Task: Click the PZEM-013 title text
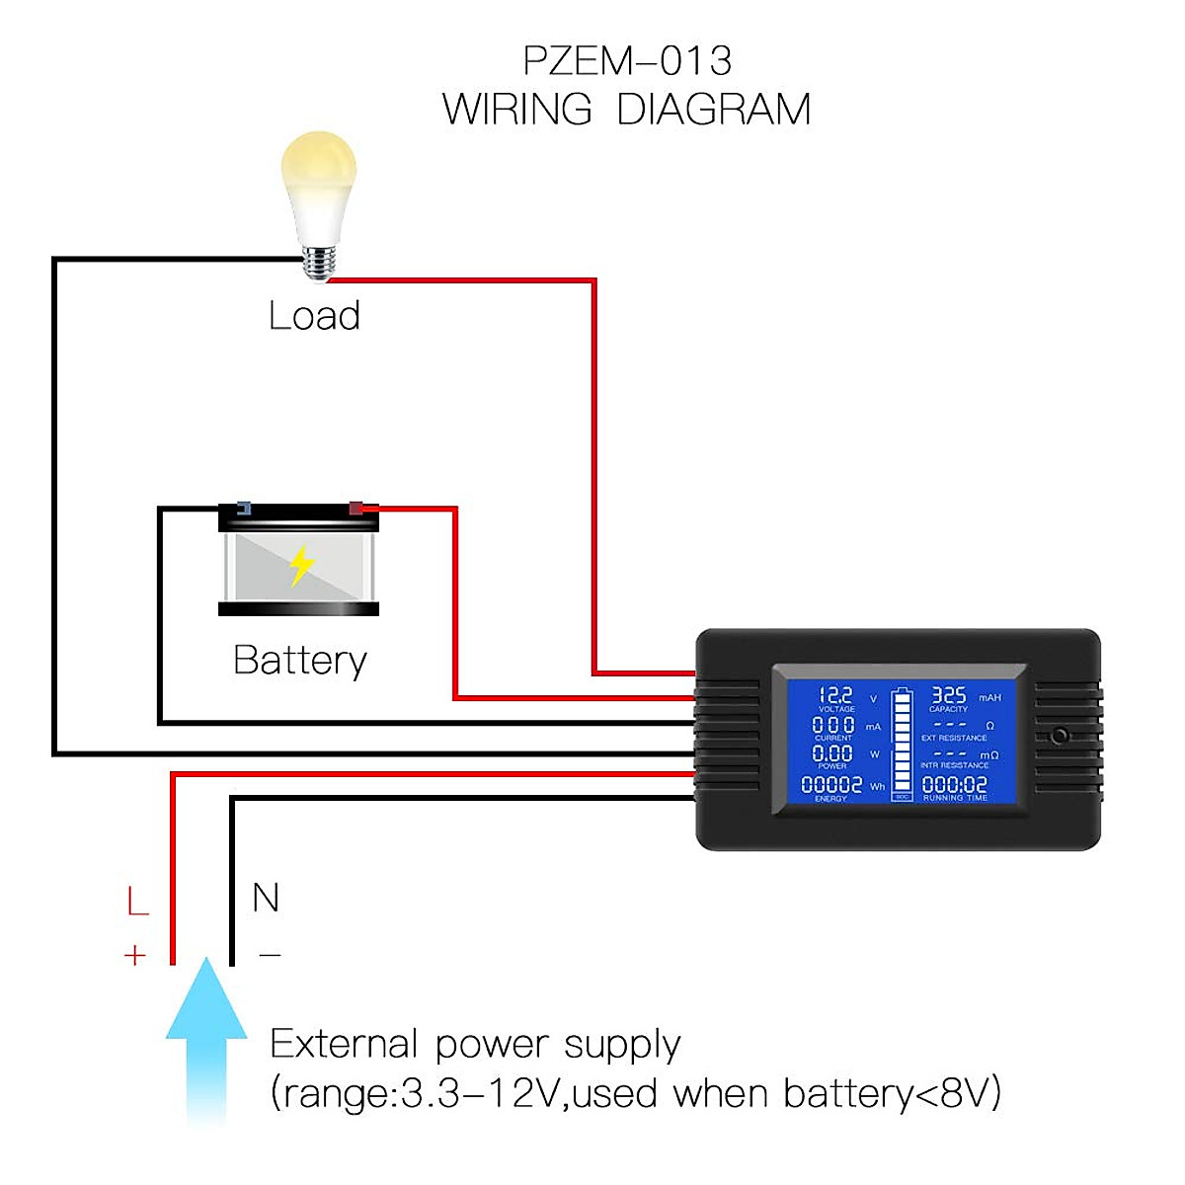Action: [627, 61]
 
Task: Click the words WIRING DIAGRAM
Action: [627, 109]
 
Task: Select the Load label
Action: [314, 316]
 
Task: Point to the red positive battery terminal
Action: [356, 509]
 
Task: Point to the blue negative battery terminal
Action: [243, 509]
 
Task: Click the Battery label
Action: [300, 660]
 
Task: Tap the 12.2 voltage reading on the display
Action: [835, 695]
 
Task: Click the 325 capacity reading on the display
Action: [949, 695]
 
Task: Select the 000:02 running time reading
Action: [954, 785]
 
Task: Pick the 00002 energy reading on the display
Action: [831, 785]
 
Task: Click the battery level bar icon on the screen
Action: [903, 743]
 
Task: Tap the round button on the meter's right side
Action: [1060, 736]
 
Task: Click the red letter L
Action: [137, 901]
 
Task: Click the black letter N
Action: [266, 898]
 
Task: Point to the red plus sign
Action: [135, 955]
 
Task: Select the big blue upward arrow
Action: [206, 1037]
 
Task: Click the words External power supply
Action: [475, 1045]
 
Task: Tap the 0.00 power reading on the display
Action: [832, 753]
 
